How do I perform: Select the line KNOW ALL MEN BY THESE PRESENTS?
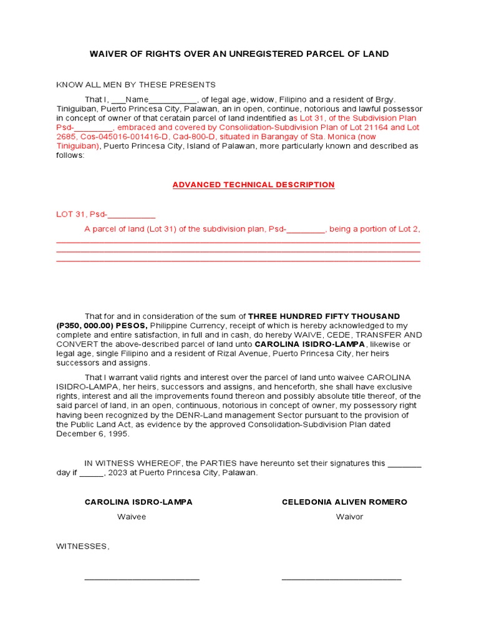136,85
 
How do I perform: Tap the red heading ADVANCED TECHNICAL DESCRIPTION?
253,185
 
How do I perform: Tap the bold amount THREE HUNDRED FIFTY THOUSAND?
324,316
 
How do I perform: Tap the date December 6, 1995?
93,434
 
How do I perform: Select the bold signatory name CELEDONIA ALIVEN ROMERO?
344,502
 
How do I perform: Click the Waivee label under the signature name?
131,517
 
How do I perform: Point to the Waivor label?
349,517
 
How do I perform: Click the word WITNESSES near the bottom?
82,547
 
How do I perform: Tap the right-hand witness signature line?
341,578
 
